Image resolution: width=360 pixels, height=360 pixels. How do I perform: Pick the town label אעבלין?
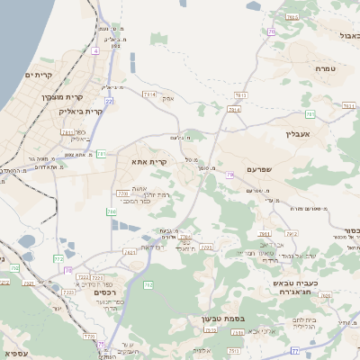click(296, 132)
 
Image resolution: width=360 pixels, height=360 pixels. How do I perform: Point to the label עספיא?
click(16, 354)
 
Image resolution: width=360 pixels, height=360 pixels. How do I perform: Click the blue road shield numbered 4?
click(95, 51)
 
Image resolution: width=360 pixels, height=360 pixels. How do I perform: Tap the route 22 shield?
click(108, 102)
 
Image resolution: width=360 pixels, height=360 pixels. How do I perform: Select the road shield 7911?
click(68, 132)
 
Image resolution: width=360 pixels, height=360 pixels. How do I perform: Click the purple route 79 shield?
click(230, 174)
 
